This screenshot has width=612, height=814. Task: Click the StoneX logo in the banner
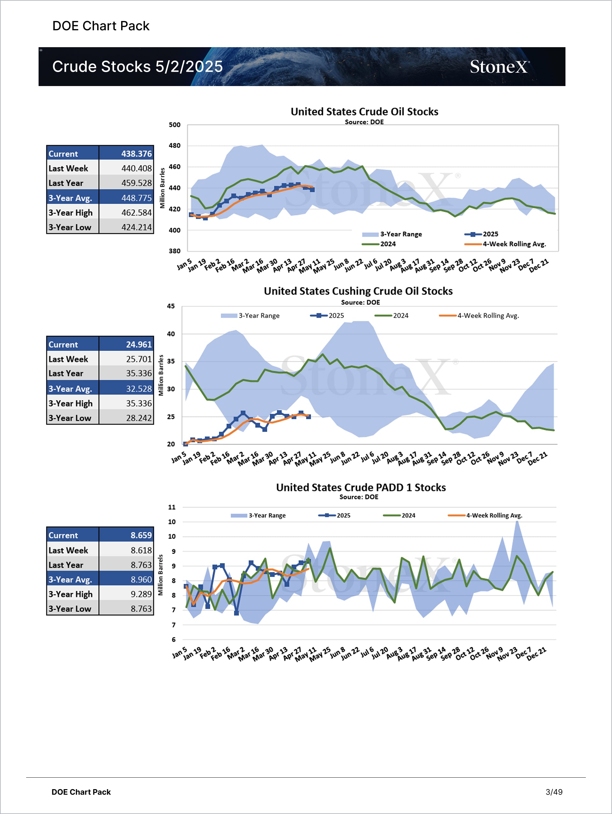(x=499, y=67)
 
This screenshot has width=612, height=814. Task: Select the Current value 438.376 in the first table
(x=136, y=154)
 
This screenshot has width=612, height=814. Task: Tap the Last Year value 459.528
(x=136, y=183)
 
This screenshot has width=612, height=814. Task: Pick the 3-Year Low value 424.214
(x=136, y=228)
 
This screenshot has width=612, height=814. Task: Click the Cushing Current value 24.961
(x=138, y=345)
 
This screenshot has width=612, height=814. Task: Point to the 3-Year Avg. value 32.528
(x=138, y=389)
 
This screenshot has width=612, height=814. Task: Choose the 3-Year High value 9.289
(x=141, y=594)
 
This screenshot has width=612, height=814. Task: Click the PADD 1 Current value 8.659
(x=141, y=535)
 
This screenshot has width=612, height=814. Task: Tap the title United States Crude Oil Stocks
(x=364, y=112)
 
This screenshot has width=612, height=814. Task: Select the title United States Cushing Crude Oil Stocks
(x=358, y=291)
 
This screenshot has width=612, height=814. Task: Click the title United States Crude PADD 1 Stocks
(x=361, y=487)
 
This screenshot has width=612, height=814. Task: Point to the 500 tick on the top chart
(x=174, y=125)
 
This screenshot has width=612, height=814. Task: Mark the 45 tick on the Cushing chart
(x=171, y=306)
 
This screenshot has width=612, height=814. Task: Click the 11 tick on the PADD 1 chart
(x=172, y=507)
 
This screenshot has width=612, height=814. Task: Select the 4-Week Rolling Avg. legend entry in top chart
(x=514, y=244)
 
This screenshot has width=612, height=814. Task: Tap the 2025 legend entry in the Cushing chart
(x=336, y=316)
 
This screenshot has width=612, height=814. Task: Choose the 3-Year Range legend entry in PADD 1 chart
(x=267, y=515)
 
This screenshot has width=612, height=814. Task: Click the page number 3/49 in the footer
(x=554, y=792)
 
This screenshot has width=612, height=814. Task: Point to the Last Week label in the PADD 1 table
(x=69, y=550)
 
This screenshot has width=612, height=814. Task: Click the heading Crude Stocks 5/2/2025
(x=137, y=67)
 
